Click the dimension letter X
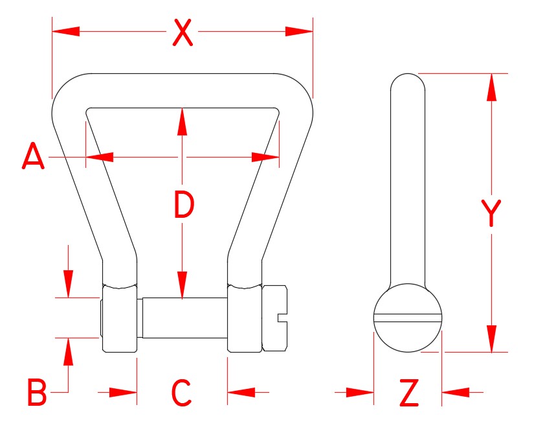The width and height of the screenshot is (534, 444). (x=183, y=32)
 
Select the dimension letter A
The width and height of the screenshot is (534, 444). (x=33, y=158)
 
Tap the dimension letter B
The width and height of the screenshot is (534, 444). (x=36, y=392)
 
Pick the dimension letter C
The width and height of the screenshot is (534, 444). (x=182, y=392)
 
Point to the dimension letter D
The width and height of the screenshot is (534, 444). (x=184, y=206)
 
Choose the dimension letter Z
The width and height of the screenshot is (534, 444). (x=408, y=393)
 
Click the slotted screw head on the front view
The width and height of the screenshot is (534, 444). (x=274, y=318)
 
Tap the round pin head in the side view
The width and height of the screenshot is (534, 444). (x=408, y=318)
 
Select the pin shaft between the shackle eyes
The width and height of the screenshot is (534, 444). (x=184, y=318)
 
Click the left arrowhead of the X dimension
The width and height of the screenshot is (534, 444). (x=65, y=31)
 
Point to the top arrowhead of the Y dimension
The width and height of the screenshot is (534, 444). (x=491, y=87)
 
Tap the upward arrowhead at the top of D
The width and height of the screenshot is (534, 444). (x=183, y=122)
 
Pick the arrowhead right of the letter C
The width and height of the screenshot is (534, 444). (x=241, y=392)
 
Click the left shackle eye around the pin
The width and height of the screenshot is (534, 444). (x=119, y=318)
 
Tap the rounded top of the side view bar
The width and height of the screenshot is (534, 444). (x=408, y=80)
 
